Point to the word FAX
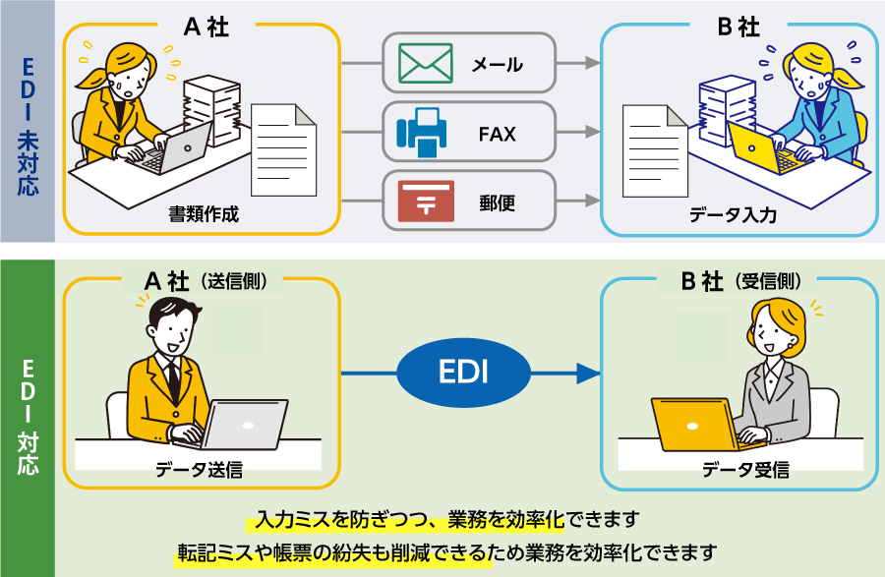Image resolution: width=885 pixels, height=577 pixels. point(498,133)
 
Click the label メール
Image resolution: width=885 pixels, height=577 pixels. point(498,65)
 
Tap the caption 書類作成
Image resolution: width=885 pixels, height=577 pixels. point(204,213)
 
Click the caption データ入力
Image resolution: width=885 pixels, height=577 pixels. point(734,214)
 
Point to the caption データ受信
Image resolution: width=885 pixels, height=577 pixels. point(743,470)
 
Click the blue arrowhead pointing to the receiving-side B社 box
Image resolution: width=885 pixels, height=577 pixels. point(588,374)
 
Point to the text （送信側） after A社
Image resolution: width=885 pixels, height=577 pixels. point(233,281)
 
